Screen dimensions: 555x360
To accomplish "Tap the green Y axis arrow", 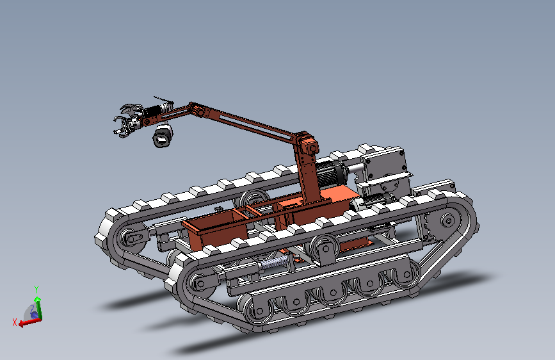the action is coord(38,308).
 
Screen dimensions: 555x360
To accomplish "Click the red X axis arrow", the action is coord(30,322).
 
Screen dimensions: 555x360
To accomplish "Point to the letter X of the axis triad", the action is coord(15,322).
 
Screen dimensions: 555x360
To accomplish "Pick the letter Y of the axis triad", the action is coord(36,290).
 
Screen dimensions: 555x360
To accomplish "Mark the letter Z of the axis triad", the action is coord(32,309).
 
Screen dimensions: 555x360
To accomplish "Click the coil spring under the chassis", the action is coord(273,263).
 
